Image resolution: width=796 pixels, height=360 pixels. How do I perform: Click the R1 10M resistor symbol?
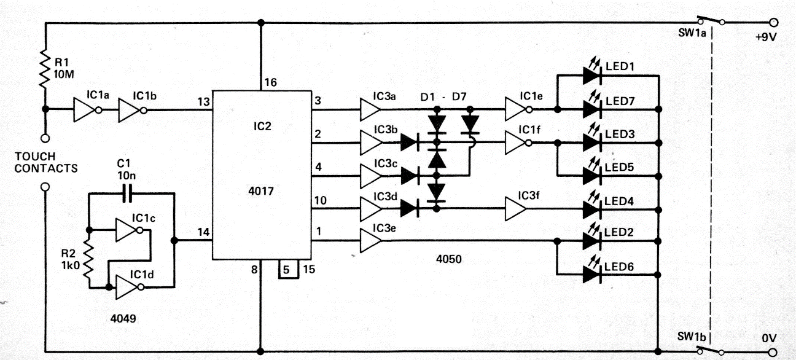point(45,69)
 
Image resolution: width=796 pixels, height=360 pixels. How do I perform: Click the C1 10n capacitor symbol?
point(127,193)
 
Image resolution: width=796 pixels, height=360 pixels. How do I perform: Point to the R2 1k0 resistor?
point(88,259)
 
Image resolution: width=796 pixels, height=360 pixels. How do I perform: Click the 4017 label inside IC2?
point(261,191)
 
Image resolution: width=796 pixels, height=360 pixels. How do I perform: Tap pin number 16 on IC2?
point(270,82)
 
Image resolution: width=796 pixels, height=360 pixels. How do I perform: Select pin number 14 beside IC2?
point(204,232)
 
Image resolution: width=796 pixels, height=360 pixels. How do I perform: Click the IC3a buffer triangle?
point(370,109)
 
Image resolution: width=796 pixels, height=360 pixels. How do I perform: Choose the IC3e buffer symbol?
point(370,241)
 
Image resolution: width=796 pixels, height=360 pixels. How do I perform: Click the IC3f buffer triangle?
point(516,209)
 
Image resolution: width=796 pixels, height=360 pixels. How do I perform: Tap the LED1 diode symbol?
point(592,76)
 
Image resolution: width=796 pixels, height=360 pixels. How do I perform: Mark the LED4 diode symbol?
point(592,209)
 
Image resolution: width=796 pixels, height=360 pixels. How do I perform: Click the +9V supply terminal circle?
point(773,22)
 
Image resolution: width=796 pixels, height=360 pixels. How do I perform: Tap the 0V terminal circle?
point(773,353)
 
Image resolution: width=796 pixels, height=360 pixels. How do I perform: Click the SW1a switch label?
point(692,33)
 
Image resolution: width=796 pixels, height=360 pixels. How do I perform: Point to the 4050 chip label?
point(449,259)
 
